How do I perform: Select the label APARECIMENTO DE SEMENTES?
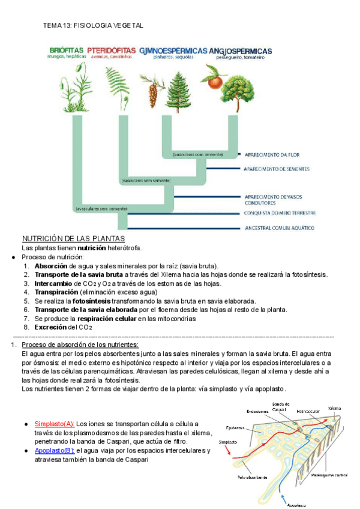[277, 169]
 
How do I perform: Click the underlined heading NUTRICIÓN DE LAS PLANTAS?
[73, 238]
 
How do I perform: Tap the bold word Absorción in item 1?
[51, 266]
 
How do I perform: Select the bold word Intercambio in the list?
[54, 283]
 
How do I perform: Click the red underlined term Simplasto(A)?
[55, 424]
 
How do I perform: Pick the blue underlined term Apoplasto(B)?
[55, 450]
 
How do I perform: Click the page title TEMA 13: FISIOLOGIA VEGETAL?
[94, 25]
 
